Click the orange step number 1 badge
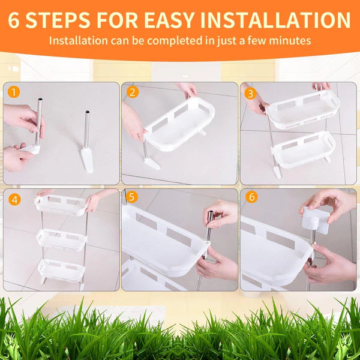pyautogui.click(x=13, y=92)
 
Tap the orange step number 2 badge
pyautogui.click(x=132, y=92)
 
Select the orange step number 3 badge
pyautogui.click(x=250, y=92)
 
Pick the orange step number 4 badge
pyautogui.click(x=13, y=199)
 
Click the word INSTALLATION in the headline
pyautogui.click(x=275, y=20)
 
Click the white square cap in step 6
pyautogui.click(x=316, y=221)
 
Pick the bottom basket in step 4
pyautogui.click(x=61, y=269)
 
